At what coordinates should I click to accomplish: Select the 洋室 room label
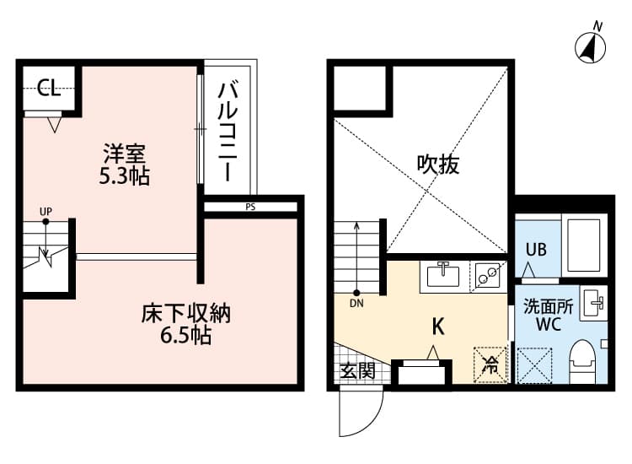click(126, 154)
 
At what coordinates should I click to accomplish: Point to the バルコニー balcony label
click(227, 132)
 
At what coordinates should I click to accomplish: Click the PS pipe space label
click(251, 206)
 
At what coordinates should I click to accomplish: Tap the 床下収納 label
click(185, 315)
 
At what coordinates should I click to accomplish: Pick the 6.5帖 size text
click(185, 337)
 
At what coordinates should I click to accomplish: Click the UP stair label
click(46, 211)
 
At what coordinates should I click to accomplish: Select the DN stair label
click(356, 302)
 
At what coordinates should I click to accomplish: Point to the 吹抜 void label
click(438, 164)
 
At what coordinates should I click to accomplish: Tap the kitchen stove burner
click(486, 275)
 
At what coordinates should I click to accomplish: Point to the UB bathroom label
click(537, 249)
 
